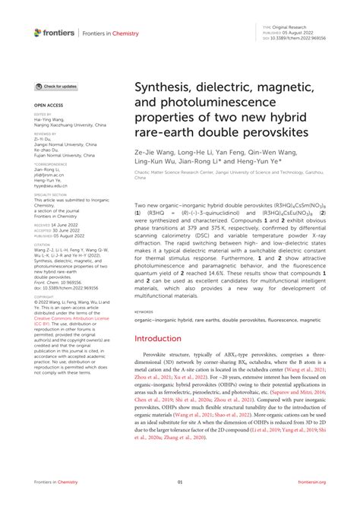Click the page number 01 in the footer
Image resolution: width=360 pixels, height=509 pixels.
pyautogui.click(x=180, y=502)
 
